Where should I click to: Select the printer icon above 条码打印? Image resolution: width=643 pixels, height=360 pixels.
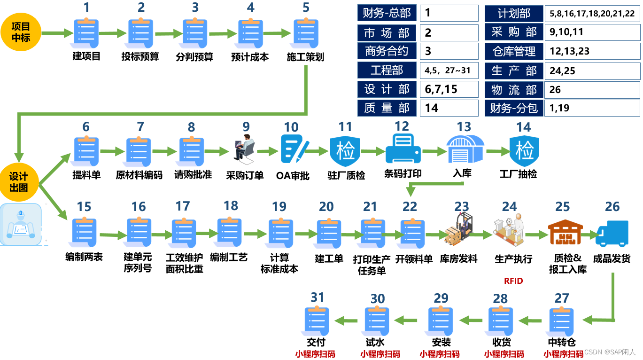pyautogui.click(x=403, y=149)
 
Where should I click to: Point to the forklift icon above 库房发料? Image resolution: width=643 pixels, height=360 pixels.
pyautogui.click(x=458, y=228)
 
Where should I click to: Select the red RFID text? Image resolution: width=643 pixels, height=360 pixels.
pyautogui.click(x=513, y=281)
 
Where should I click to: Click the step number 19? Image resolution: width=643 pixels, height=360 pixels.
pyautogui.click(x=279, y=207)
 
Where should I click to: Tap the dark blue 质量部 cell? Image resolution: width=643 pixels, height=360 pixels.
pyautogui.click(x=387, y=108)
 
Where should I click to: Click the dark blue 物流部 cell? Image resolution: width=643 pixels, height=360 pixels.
pyautogui.click(x=514, y=90)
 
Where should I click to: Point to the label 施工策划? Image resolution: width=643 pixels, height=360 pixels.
pyautogui.click(x=305, y=57)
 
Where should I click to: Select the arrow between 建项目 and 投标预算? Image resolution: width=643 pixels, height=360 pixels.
pyautogui.click(x=113, y=33)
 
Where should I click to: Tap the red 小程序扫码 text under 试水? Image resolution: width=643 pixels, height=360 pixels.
pyautogui.click(x=380, y=354)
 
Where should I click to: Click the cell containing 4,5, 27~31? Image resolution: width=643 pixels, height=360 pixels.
pyautogui.click(x=449, y=70)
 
